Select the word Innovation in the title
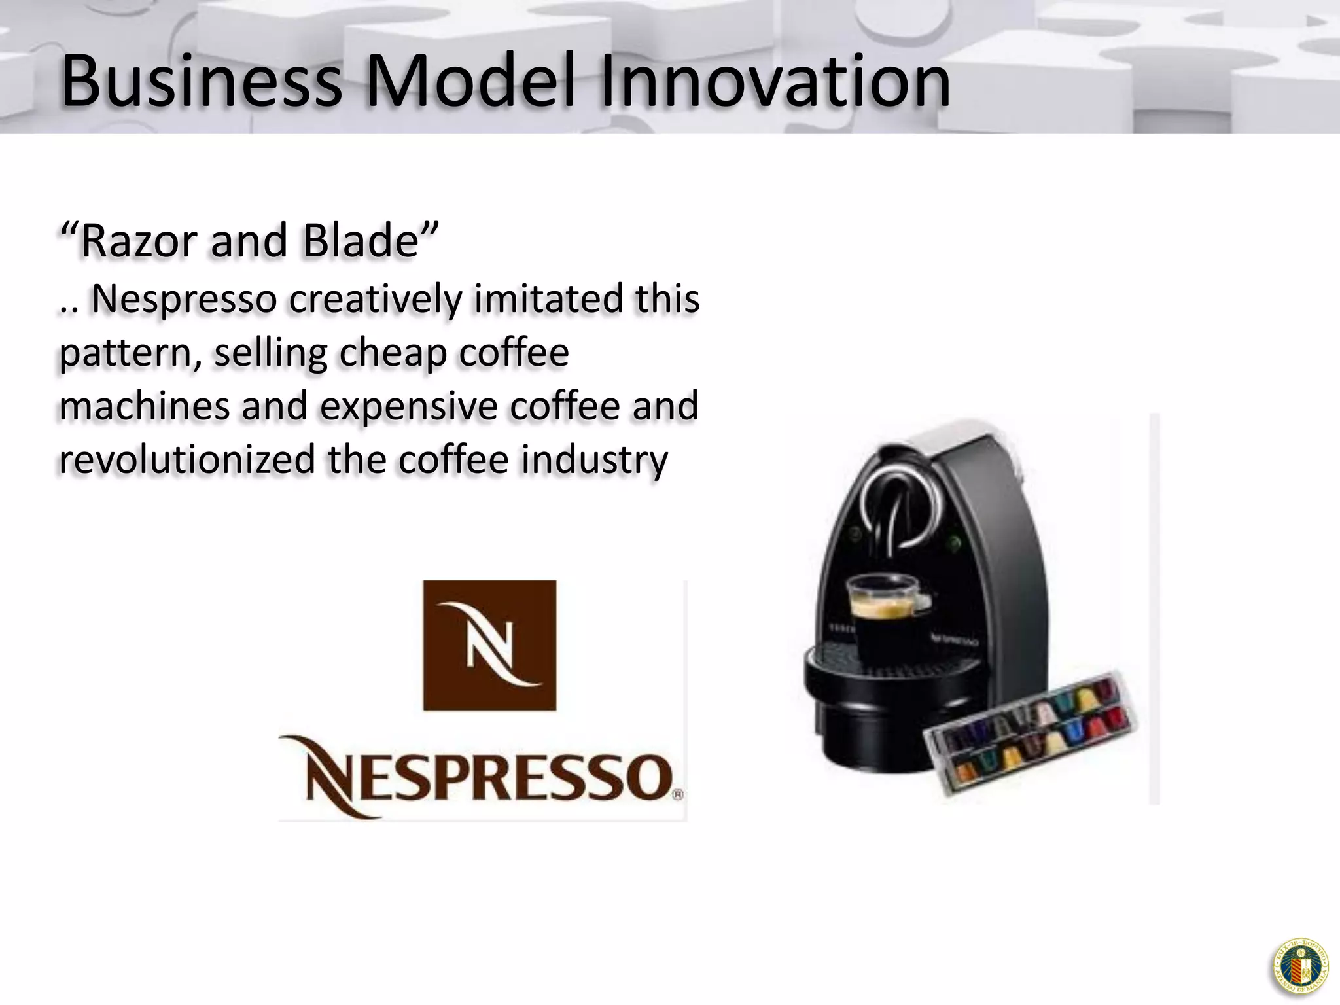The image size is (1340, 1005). [x=775, y=82]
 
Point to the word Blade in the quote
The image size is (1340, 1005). [x=361, y=241]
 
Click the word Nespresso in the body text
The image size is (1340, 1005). [x=185, y=300]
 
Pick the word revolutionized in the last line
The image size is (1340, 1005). [x=187, y=459]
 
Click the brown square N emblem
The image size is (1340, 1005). [x=489, y=645]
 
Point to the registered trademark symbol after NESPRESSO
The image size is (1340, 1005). [x=678, y=795]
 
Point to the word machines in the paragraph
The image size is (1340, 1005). [x=144, y=406]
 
